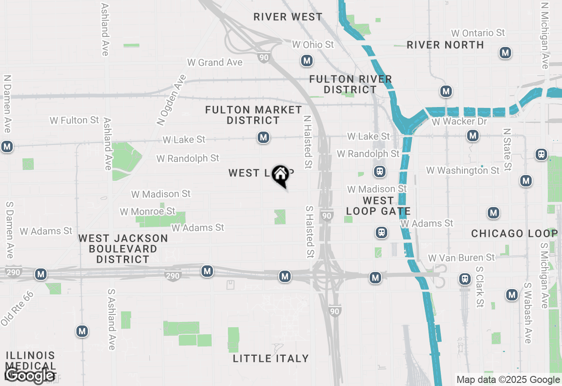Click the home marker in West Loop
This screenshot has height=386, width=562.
click(280, 175)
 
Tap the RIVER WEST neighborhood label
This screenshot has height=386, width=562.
click(288, 17)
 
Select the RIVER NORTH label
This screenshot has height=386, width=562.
click(445, 45)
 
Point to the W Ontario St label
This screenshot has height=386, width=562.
click(478, 33)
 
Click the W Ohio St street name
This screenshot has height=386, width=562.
click(313, 44)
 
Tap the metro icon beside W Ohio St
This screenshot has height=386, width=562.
click(307, 61)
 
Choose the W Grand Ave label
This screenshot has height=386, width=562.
click(215, 62)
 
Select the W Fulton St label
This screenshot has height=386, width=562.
click(74, 120)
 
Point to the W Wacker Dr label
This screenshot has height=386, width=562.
click(459, 122)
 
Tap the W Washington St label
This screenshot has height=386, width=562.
click(463, 170)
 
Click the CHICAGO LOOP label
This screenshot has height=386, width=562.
click(514, 233)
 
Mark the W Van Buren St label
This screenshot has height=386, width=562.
click(461, 257)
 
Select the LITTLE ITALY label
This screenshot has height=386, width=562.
click(271, 358)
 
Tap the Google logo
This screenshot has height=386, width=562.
click(30, 375)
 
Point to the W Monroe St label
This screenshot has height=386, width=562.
click(148, 212)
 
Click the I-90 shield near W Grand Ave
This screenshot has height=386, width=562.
click(264, 57)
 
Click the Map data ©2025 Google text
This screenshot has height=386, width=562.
click(508, 380)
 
